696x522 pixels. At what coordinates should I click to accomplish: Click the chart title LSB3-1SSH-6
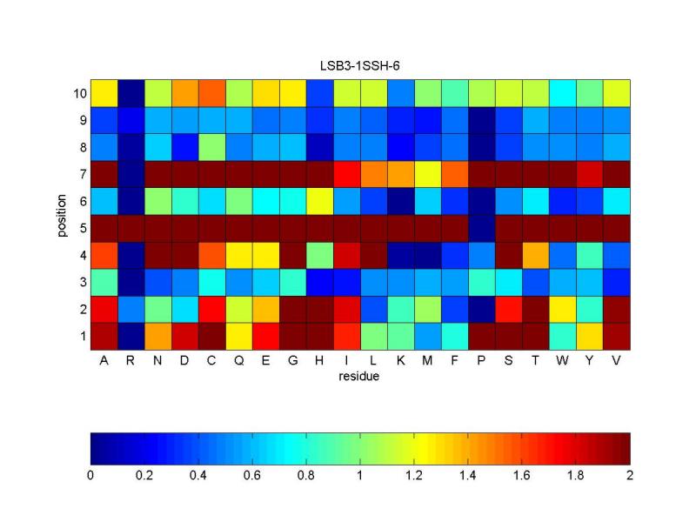click(x=359, y=66)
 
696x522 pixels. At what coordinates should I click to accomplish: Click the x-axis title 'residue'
click(x=359, y=378)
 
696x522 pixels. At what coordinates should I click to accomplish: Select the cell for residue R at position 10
click(x=130, y=92)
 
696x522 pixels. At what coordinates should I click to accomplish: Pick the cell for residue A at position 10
click(x=104, y=92)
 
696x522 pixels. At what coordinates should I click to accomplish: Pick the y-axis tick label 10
click(x=77, y=92)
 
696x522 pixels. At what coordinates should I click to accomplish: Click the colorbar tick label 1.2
click(x=414, y=476)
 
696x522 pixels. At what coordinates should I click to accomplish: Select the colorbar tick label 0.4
click(x=198, y=476)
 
